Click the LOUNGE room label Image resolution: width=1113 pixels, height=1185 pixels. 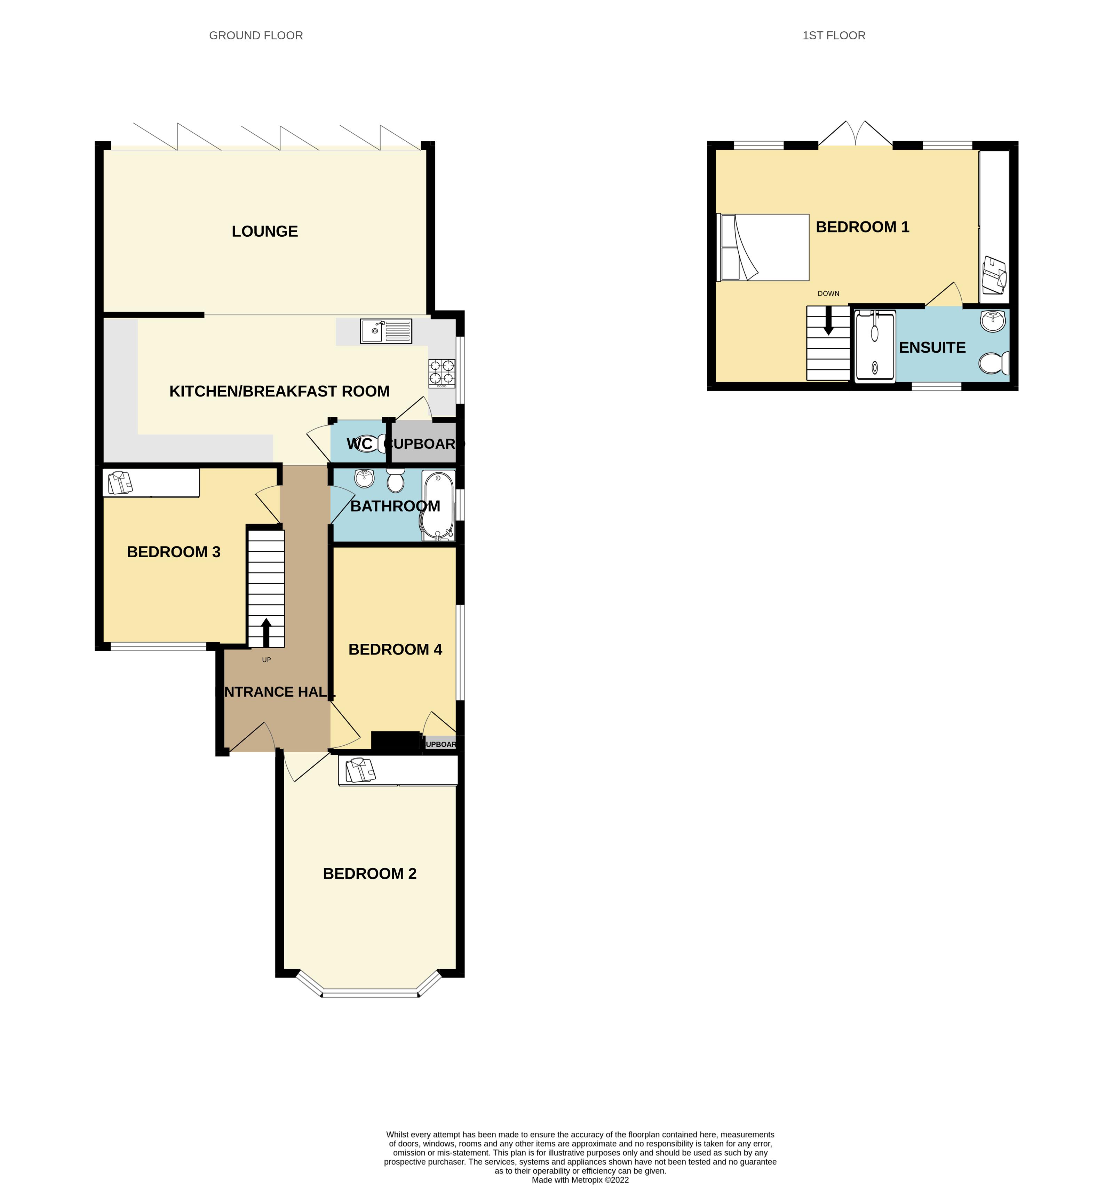point(264,231)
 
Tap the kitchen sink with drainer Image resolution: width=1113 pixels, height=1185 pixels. point(385,331)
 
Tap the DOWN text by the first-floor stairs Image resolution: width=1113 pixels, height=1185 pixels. point(828,293)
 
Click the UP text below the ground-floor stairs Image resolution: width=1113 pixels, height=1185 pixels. point(266,659)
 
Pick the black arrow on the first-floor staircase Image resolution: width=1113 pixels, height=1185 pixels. point(828,322)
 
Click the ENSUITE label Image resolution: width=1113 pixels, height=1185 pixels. point(932,347)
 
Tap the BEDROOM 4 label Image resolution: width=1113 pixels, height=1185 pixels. point(395,649)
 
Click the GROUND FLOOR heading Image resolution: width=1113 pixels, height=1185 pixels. point(256,36)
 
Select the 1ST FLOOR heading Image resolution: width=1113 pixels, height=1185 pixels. point(834,36)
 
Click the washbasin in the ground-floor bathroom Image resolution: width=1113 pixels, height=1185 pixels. point(364,478)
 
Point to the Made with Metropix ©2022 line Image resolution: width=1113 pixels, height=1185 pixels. point(580,1179)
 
